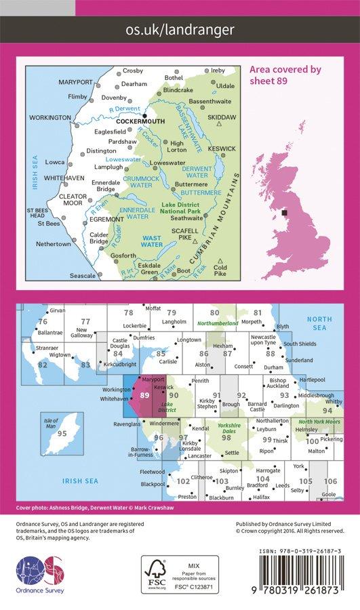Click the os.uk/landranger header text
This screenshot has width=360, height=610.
pyautogui.click(x=180, y=29)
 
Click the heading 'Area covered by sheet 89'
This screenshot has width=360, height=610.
pyautogui.click(x=285, y=75)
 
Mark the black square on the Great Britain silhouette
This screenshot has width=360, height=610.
pyautogui.click(x=284, y=213)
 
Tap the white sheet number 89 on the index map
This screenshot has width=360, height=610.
pyautogui.click(x=144, y=395)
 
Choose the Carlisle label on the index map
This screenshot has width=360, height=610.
pyautogui.click(x=167, y=362)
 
